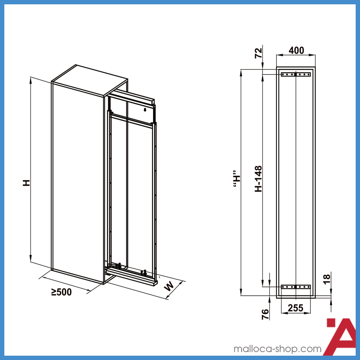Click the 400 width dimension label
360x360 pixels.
(x=296, y=50)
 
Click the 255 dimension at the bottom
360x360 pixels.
(x=296, y=308)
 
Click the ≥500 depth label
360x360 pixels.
(x=61, y=292)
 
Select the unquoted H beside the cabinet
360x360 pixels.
(x=26, y=183)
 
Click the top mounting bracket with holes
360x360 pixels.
(x=296, y=75)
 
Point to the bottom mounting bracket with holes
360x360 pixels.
(x=296, y=287)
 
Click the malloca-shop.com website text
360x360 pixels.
(x=277, y=349)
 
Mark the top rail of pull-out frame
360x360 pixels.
(x=132, y=96)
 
